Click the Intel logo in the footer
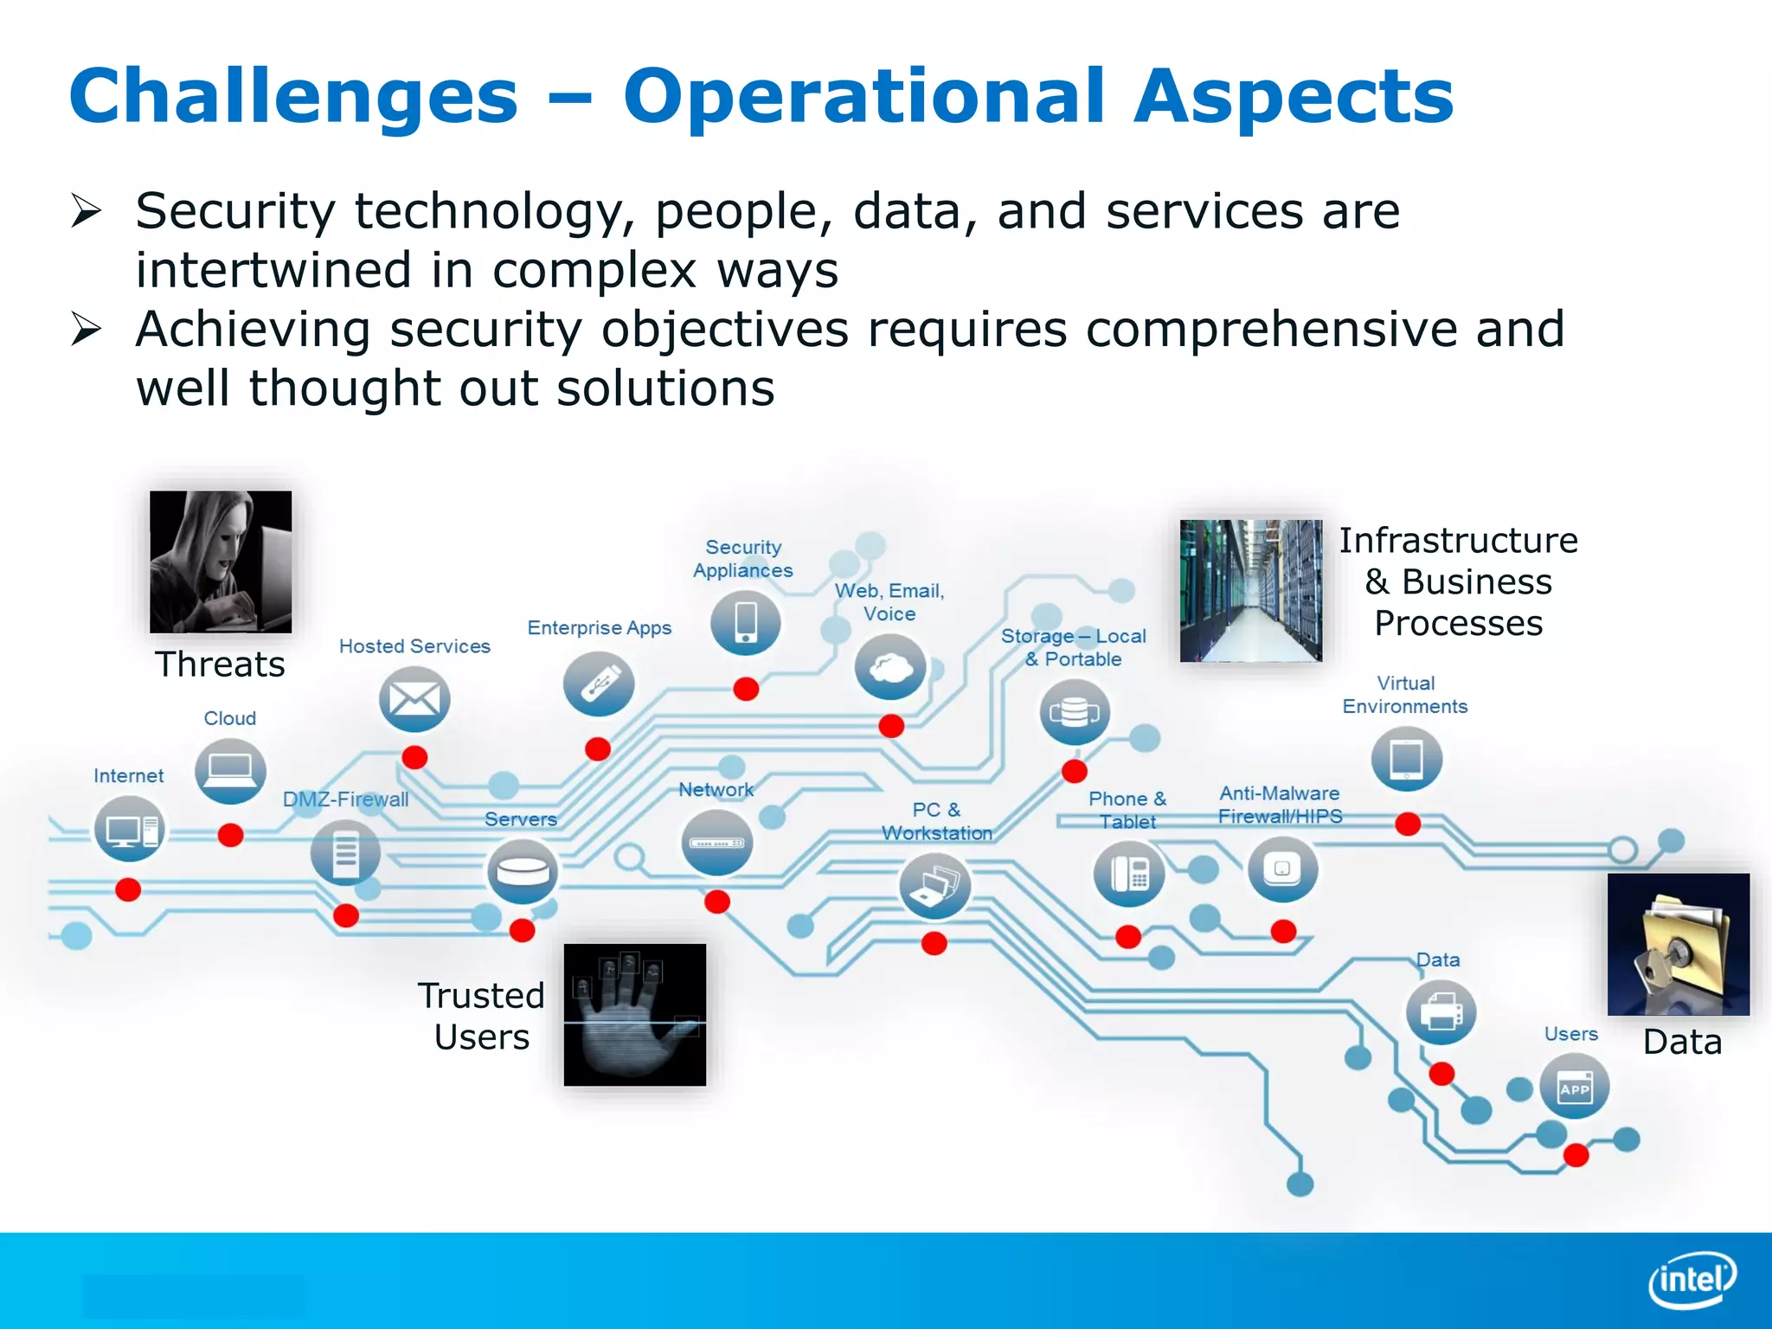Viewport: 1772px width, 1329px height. tap(1692, 1280)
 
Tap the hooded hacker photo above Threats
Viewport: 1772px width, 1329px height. tap(221, 562)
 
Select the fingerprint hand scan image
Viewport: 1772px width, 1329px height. tap(634, 1014)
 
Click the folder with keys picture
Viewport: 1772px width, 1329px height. tap(1678, 944)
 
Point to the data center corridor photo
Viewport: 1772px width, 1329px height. tap(1250, 590)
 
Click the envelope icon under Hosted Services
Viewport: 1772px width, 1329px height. tap(414, 699)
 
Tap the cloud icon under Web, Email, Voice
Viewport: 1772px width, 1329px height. tap(889, 667)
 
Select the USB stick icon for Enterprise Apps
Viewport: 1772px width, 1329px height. tap(598, 684)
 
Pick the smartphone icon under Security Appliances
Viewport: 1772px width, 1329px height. tap(745, 623)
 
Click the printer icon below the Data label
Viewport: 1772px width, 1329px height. tap(1441, 1011)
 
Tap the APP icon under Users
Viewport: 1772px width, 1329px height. tap(1574, 1088)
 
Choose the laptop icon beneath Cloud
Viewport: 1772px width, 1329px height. tap(230, 769)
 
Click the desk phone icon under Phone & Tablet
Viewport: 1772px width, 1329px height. tap(1128, 874)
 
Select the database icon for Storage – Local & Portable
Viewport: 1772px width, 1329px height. tap(1074, 712)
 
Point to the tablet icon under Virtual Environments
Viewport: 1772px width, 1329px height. tap(1406, 760)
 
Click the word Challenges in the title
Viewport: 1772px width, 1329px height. tap(293, 96)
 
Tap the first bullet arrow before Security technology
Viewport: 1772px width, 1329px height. tap(87, 210)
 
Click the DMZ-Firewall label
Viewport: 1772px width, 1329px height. tap(345, 799)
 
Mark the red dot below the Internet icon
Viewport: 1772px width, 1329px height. tap(128, 889)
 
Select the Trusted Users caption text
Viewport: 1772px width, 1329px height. tap(481, 1016)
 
